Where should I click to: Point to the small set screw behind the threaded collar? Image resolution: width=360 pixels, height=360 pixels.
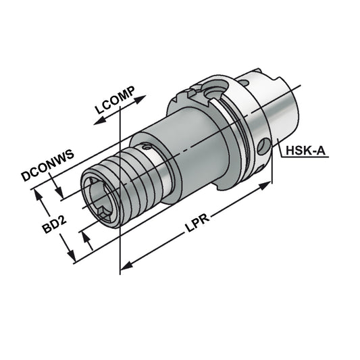(144, 145)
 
